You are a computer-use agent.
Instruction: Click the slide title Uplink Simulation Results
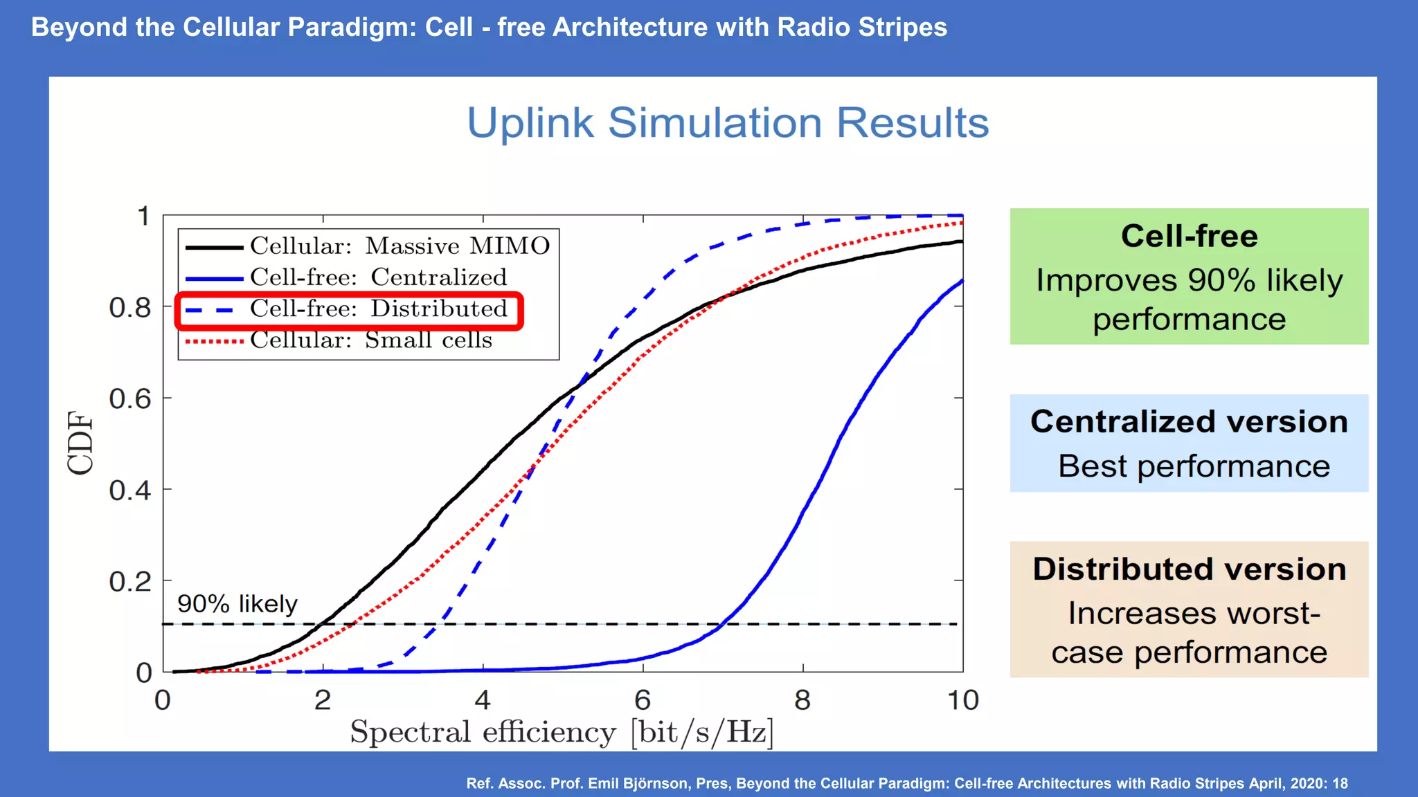[x=727, y=123]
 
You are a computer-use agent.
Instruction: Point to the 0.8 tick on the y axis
[x=129, y=308]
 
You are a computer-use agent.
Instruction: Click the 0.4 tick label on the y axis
[x=129, y=491]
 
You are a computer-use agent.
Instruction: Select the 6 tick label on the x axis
[x=643, y=701]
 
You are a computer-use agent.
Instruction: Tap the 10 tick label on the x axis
[x=962, y=701]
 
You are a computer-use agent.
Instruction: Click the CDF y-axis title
[x=80, y=443]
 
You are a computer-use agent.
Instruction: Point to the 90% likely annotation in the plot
[x=237, y=604]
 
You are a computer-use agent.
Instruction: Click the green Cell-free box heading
[x=1189, y=236]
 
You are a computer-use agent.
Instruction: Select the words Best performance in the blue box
[x=1194, y=466]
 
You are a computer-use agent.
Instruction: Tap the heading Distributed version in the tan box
[x=1189, y=569]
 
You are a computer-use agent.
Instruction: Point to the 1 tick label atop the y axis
[x=143, y=217]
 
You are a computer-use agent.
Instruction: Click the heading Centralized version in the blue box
[x=1189, y=422]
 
